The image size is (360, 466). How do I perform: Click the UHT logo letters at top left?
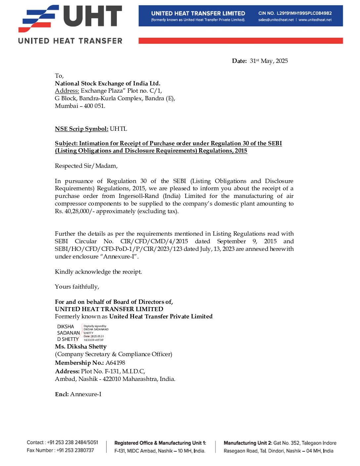93,16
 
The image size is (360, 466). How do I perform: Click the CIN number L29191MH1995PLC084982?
304,13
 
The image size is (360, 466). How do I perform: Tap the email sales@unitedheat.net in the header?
276,20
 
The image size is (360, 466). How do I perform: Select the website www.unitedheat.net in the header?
315,20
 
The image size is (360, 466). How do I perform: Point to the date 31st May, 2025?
269,61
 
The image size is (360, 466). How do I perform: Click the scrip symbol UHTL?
118,129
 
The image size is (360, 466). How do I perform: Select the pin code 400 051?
94,106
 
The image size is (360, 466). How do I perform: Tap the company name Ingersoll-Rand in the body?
139,196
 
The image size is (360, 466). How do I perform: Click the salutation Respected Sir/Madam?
86,166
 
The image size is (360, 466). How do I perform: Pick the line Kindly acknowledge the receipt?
98,272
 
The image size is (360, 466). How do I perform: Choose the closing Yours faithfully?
77,287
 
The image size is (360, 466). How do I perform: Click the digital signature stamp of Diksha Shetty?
82,333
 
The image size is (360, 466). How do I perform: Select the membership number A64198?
115,363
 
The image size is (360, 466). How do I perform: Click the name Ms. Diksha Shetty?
81,347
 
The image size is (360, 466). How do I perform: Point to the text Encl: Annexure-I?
78,394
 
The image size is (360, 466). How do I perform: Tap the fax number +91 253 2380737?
75,450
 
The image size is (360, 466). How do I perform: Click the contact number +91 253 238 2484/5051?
72,443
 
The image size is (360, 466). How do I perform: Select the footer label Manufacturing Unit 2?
248,443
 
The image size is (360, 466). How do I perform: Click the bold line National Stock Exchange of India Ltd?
108,83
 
